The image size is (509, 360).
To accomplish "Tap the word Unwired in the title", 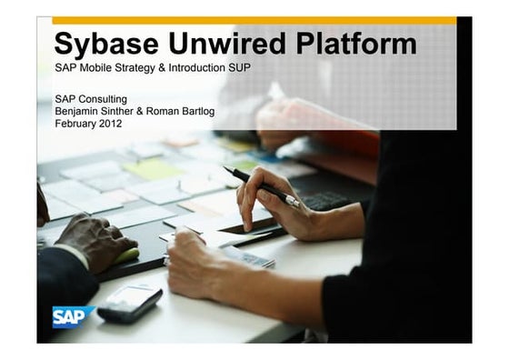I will [x=219, y=44].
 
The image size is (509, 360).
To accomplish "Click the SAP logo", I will [x=66, y=316].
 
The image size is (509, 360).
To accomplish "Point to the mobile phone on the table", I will [x=129, y=302].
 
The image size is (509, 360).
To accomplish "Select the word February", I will [x=75, y=122].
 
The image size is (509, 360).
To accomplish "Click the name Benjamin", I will [x=77, y=110].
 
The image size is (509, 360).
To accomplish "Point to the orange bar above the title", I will [x=254, y=20].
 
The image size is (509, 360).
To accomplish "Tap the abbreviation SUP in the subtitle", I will [x=237, y=69].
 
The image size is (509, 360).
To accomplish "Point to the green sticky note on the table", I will [x=153, y=168].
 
